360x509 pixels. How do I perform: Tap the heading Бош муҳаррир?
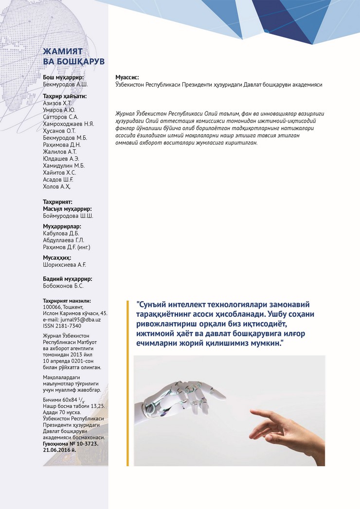[63, 77]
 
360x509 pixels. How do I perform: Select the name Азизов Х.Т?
[58, 103]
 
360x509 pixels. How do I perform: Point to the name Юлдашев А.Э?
[61, 159]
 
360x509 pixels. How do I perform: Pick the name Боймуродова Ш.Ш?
[68, 216]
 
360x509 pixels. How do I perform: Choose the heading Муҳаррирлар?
[62, 226]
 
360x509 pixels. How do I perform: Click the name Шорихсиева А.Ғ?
[64, 265]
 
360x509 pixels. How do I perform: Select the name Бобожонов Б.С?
[63, 286]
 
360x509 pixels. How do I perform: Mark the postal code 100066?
[53, 307]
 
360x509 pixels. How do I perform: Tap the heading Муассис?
[127, 77]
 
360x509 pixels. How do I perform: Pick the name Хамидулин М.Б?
[64, 165]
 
